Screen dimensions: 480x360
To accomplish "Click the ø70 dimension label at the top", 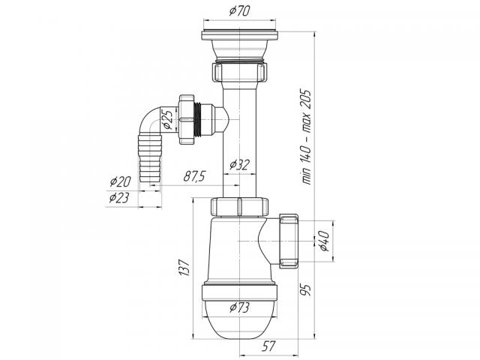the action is (239, 11).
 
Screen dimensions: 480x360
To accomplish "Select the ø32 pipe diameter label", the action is (239, 165).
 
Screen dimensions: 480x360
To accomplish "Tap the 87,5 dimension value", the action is (194, 177).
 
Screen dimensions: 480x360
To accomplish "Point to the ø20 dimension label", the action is (120, 181).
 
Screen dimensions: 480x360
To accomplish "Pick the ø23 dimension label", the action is (119, 198).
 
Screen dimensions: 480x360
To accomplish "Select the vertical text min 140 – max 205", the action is (307, 136).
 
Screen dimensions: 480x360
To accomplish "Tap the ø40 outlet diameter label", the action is (323, 241).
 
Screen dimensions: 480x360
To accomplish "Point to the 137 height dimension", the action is (184, 268).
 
